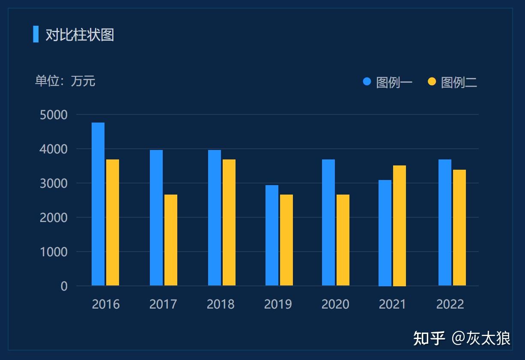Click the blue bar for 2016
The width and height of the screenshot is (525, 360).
click(x=98, y=204)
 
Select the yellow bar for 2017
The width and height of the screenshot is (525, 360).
click(x=171, y=240)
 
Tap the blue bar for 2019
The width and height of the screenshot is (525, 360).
click(x=272, y=235)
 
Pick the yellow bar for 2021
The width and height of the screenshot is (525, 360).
click(x=400, y=225)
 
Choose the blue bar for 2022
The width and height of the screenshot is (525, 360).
click(x=445, y=222)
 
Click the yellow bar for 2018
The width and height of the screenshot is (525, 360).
click(x=229, y=222)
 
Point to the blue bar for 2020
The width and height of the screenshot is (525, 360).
click(x=328, y=222)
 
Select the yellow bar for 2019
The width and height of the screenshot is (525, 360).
click(x=286, y=240)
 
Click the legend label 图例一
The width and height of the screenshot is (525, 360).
click(x=394, y=82)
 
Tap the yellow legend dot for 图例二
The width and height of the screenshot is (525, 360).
click(x=432, y=81)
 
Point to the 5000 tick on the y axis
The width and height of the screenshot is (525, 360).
click(x=54, y=115)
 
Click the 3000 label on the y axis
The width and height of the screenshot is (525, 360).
click(x=54, y=183)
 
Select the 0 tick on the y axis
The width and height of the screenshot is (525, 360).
click(x=64, y=286)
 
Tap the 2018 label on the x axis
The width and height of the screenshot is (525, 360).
click(x=221, y=304)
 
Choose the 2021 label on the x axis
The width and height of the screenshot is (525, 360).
click(x=393, y=304)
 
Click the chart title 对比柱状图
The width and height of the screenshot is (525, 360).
click(x=80, y=35)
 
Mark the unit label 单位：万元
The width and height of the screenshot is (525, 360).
click(x=65, y=81)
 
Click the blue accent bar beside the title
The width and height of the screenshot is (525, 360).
click(x=36, y=34)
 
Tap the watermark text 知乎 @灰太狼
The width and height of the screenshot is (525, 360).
click(x=462, y=338)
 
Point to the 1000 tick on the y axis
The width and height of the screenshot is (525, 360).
click(x=54, y=252)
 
